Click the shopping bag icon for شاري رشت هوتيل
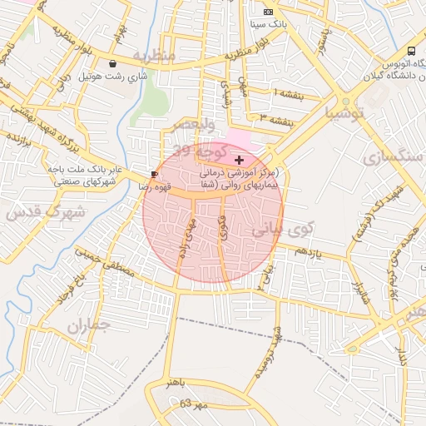112,63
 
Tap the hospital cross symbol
240,159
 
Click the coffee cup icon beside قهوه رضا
155,173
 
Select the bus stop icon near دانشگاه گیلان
414,51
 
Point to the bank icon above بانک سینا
267,12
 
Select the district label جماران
88,326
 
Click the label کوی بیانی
274,230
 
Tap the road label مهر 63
192,404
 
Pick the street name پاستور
327,41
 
